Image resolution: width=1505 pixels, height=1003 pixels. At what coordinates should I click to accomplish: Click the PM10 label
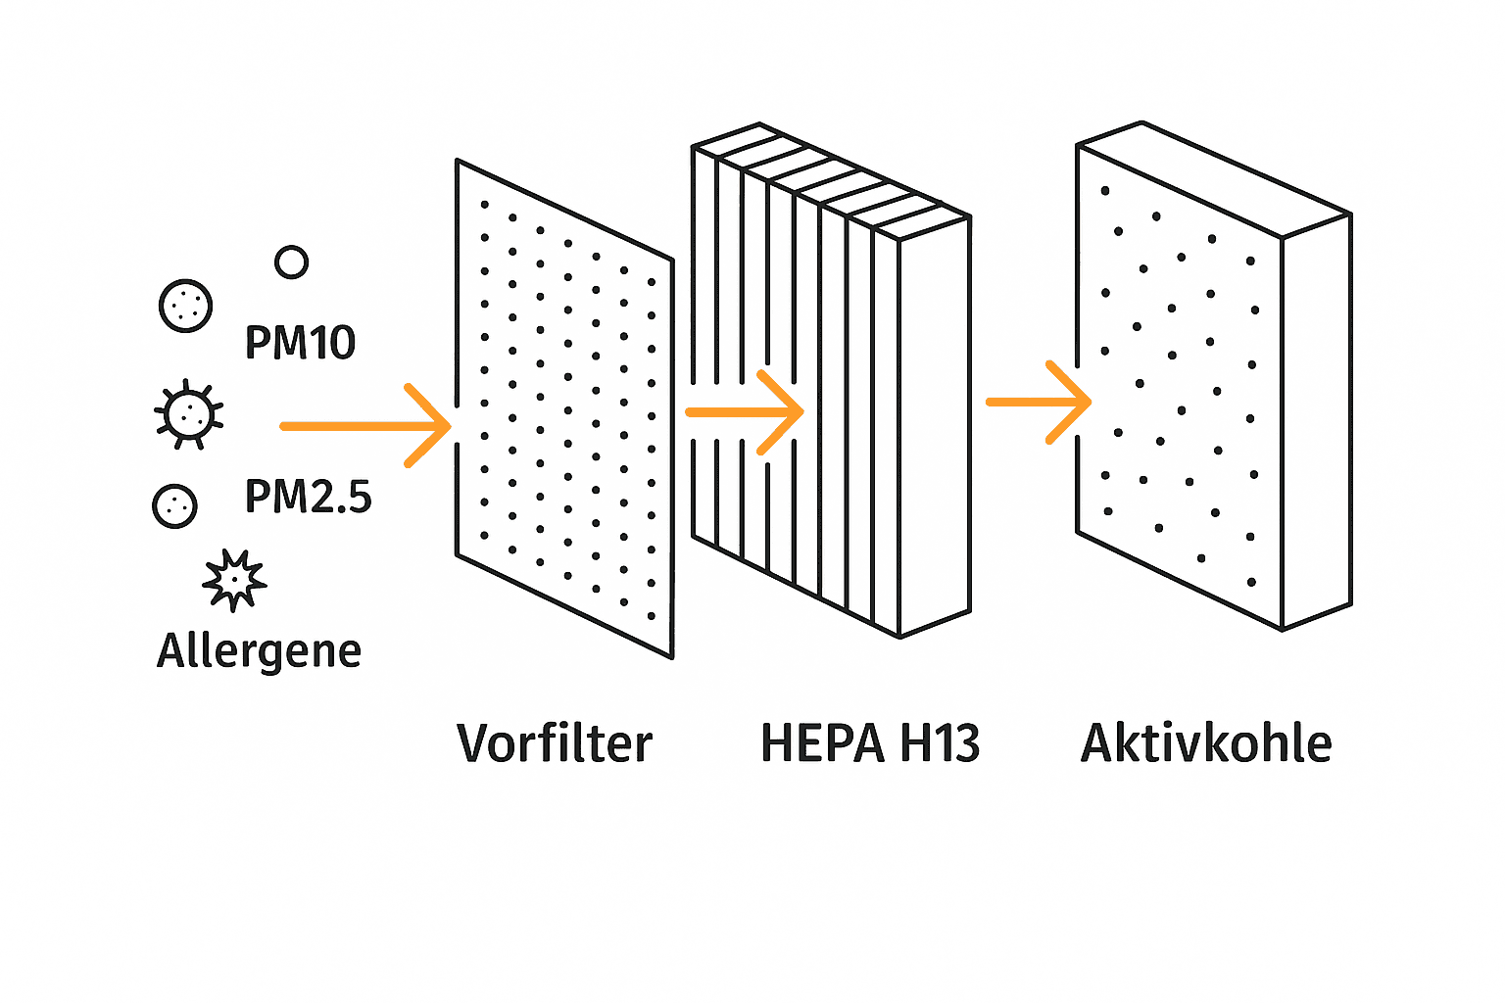point(300,343)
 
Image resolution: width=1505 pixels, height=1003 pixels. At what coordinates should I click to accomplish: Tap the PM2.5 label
point(308,497)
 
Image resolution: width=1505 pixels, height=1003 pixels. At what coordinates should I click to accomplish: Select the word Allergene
point(259,650)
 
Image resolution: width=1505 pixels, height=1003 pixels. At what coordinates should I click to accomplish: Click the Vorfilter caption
point(555,743)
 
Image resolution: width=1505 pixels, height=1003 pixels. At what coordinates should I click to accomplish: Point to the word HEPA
point(822,743)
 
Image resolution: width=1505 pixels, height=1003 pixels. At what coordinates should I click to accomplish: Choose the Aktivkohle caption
point(1206,743)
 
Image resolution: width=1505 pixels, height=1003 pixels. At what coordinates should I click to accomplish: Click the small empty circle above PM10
point(291,263)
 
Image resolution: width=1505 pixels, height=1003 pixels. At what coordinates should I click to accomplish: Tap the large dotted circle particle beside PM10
point(185,306)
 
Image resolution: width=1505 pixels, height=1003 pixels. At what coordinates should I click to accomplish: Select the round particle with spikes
point(188,414)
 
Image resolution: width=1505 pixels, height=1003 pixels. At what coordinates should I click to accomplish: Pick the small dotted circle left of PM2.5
point(175,505)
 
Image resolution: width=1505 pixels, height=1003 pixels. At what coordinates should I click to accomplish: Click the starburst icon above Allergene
point(234,580)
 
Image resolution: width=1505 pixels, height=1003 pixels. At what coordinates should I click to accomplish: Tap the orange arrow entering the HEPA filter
point(745,412)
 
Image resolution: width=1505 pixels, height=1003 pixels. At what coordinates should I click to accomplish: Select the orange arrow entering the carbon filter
point(1039,402)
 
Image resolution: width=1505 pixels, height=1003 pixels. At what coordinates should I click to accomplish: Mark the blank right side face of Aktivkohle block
point(1316,421)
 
